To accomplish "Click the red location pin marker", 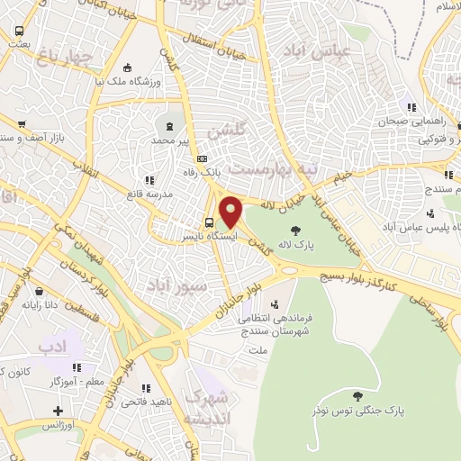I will click(x=231, y=212).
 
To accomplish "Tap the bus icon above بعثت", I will click(x=20, y=31).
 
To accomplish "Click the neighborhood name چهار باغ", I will click(x=65, y=59).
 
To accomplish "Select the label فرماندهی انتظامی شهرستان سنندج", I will click(x=264, y=323).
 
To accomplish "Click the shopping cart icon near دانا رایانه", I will click(x=41, y=290).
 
